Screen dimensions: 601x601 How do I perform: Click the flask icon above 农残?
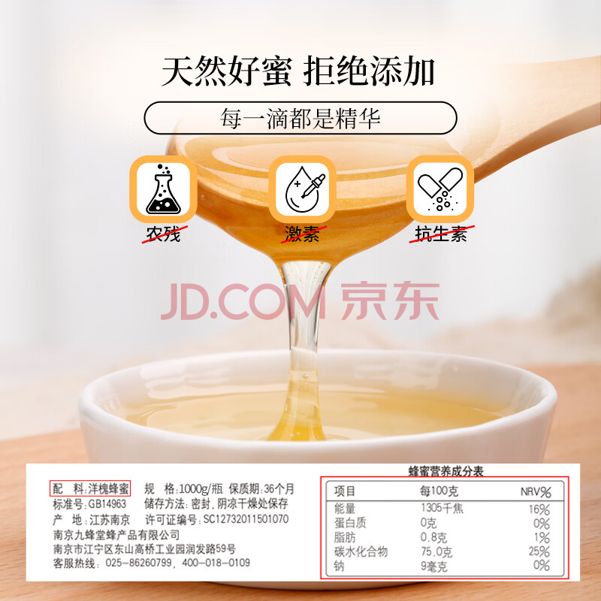163,189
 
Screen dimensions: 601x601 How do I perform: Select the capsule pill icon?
440,189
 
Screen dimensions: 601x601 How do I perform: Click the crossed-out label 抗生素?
441,234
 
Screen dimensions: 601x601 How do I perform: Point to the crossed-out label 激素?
303,234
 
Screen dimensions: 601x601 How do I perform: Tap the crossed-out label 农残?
164,234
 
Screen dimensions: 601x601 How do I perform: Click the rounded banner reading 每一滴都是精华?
300,118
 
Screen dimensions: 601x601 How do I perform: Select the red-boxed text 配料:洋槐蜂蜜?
90,488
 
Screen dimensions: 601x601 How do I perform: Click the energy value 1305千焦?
442,509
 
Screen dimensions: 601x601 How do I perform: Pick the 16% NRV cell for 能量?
539,509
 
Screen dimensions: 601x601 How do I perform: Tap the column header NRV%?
536,492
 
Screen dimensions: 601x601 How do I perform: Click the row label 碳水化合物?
361,551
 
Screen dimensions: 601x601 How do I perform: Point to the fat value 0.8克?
434,537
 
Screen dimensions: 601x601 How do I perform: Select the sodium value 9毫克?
434,566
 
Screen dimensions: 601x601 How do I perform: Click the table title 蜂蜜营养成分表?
445,471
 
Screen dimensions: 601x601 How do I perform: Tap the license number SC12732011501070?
246,519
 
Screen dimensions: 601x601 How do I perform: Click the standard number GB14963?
107,504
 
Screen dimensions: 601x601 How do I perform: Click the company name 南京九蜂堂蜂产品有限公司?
116,535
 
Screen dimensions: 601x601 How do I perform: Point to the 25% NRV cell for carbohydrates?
539,551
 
